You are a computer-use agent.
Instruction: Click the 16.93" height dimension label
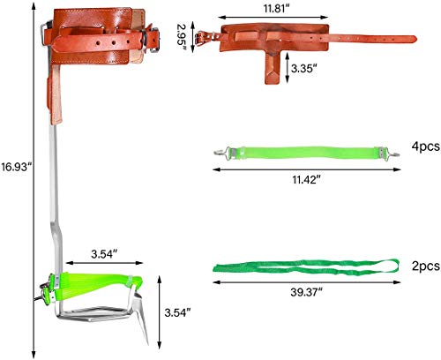point(16,167)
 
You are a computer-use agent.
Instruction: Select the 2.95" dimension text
point(182,38)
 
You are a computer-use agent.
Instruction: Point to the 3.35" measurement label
point(304,69)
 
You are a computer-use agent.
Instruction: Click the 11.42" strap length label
point(306,179)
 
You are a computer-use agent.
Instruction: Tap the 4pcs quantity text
point(426,146)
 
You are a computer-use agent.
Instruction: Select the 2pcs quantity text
point(426,266)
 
